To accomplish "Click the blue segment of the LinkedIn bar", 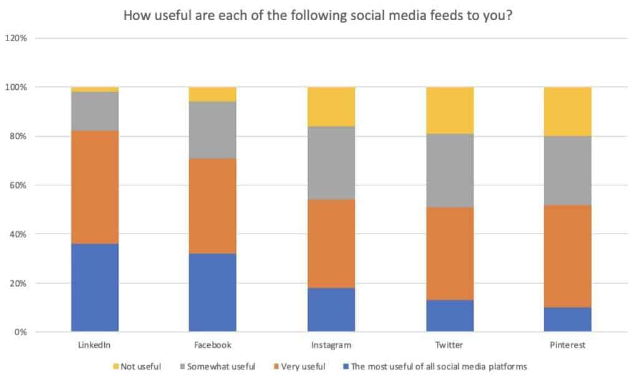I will [x=95, y=287].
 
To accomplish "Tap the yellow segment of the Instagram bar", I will [x=331, y=106].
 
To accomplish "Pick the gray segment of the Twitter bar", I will [x=449, y=170].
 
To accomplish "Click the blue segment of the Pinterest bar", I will [x=567, y=319].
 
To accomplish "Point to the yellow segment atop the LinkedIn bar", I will [x=95, y=89].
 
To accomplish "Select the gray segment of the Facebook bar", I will [x=213, y=129].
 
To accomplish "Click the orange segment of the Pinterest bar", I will [x=567, y=256].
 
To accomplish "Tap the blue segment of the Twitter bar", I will [x=449, y=315].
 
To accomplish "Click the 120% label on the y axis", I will [x=16, y=38].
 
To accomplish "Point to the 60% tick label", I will [x=17, y=185].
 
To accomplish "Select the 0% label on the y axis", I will [x=20, y=332].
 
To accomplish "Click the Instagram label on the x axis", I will [x=331, y=345].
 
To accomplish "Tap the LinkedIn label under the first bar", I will [x=95, y=345].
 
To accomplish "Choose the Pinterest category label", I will [x=567, y=345].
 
